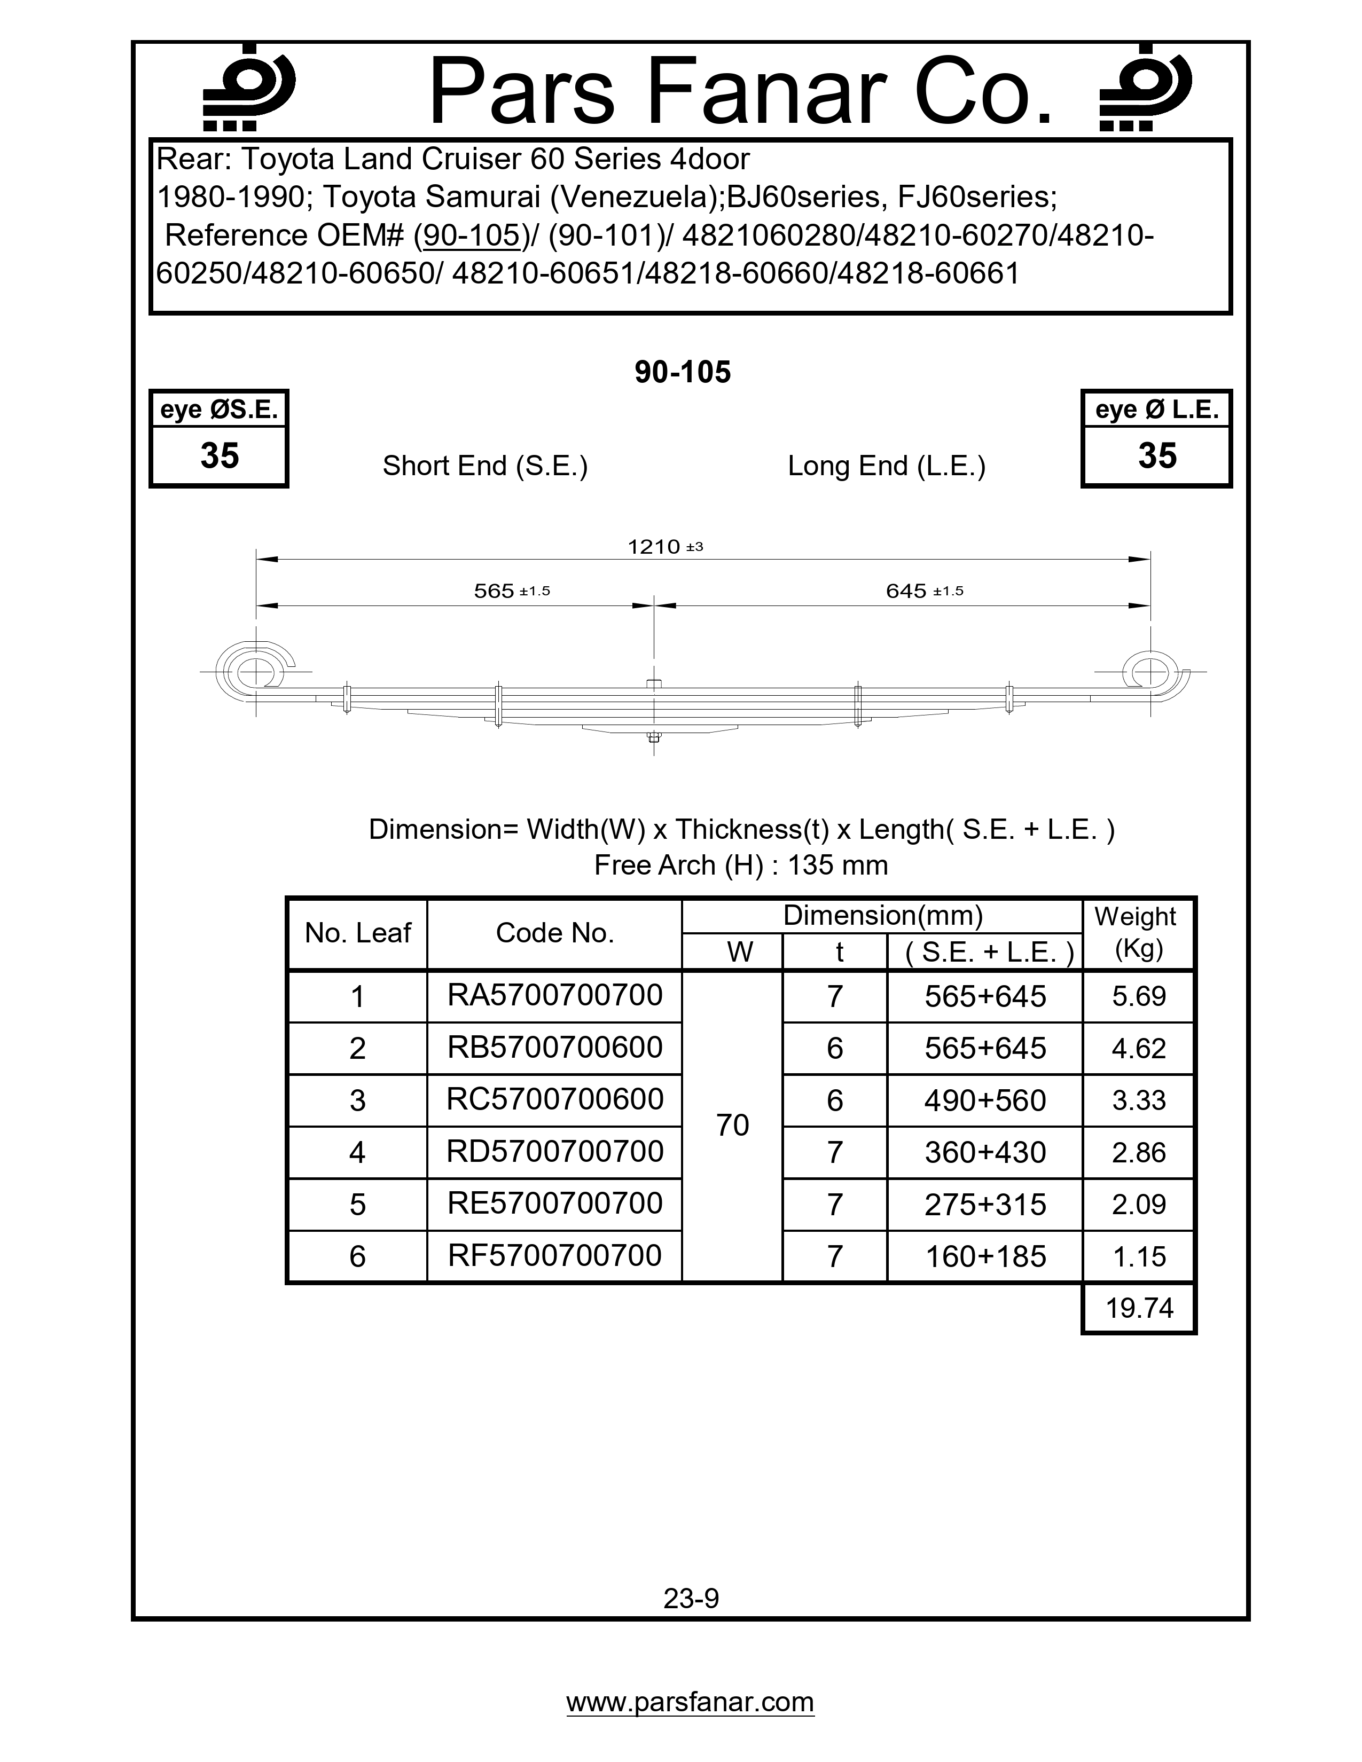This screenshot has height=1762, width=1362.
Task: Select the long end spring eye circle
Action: click(1150, 671)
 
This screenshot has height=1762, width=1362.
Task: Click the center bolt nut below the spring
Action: click(654, 736)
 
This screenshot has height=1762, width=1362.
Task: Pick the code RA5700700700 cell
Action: click(555, 996)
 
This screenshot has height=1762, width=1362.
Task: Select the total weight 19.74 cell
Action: click(1139, 1308)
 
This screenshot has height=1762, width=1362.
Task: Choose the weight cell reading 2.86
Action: click(1139, 1152)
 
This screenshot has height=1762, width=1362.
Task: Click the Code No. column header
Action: click(555, 933)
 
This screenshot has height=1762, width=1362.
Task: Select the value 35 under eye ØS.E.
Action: click(220, 456)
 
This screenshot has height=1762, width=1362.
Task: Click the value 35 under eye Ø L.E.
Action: click(1157, 456)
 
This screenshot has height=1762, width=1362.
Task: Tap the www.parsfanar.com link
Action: click(690, 1702)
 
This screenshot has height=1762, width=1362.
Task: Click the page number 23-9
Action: click(691, 1598)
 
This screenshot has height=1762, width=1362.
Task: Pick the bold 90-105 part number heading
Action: click(683, 372)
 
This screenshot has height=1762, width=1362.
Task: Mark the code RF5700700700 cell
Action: click(555, 1255)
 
